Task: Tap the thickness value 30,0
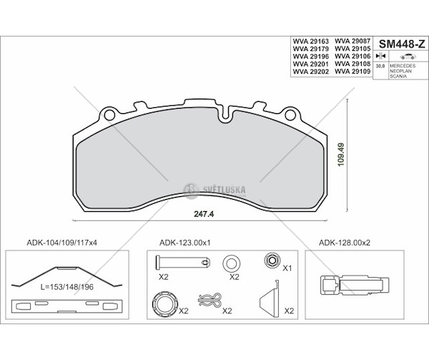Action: [381, 65]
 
